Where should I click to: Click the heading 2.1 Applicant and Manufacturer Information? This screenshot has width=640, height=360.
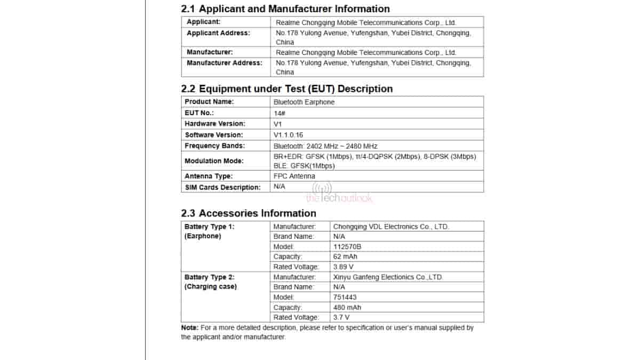[x=285, y=9]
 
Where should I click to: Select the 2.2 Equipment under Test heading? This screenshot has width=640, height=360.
[x=287, y=89]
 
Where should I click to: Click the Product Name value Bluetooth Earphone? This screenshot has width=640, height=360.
[x=304, y=102]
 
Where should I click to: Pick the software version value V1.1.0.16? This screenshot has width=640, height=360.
[x=288, y=135]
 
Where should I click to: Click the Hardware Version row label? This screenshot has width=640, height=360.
[x=215, y=124]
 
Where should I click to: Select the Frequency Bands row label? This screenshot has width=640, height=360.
[x=215, y=146]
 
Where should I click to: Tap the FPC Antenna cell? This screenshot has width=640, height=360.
[x=294, y=176]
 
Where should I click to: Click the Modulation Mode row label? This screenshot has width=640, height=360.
[x=214, y=161]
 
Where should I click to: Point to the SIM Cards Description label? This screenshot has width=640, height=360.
[x=223, y=187]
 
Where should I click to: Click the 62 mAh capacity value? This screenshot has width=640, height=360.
[x=345, y=257]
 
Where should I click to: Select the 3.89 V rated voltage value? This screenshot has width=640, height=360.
[x=343, y=267]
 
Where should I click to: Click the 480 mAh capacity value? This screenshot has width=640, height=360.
[x=347, y=307]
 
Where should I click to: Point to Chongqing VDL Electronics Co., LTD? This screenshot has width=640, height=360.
[x=391, y=227]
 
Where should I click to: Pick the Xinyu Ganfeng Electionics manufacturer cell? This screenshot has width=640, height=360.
[x=388, y=277]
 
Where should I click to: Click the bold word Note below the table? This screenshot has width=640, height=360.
[x=189, y=328]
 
